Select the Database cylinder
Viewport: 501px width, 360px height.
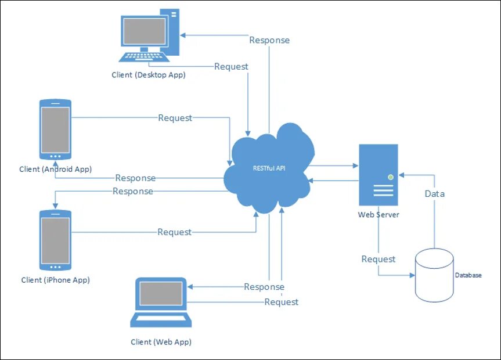click(434, 275)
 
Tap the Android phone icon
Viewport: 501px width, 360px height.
click(55, 129)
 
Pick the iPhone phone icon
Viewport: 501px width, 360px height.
click(55, 240)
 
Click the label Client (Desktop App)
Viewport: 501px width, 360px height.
click(149, 74)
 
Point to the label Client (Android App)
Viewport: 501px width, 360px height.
click(55, 169)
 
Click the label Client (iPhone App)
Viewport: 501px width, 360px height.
click(55, 280)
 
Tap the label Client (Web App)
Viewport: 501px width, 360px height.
click(161, 342)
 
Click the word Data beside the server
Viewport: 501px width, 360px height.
click(434, 193)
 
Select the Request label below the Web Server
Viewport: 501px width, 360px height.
click(379, 259)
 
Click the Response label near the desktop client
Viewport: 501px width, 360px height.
click(269, 40)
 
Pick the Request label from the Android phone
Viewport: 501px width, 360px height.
click(175, 118)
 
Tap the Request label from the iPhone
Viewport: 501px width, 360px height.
click(174, 232)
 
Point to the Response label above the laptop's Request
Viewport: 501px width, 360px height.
click(264, 287)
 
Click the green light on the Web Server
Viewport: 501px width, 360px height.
click(391, 177)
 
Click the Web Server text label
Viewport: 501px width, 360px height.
click(378, 215)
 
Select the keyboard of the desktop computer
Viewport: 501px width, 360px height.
click(145, 57)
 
